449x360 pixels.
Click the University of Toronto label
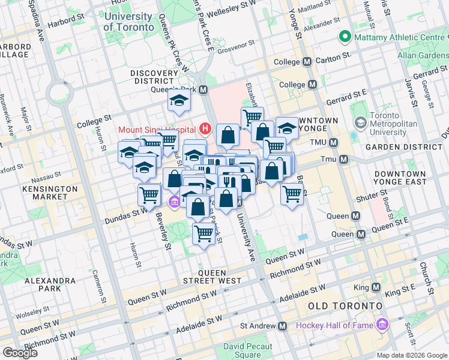point(127,22)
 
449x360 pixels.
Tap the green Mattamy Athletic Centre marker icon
point(345,37)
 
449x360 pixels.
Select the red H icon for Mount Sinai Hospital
point(206,128)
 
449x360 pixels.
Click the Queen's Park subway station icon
point(203,90)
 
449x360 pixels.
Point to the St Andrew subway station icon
point(282,326)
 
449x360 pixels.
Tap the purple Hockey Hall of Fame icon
point(381,326)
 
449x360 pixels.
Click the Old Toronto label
point(345,306)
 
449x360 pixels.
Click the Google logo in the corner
point(20,352)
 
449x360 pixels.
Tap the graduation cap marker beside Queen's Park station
point(178,103)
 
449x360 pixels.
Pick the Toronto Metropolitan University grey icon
point(360,123)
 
